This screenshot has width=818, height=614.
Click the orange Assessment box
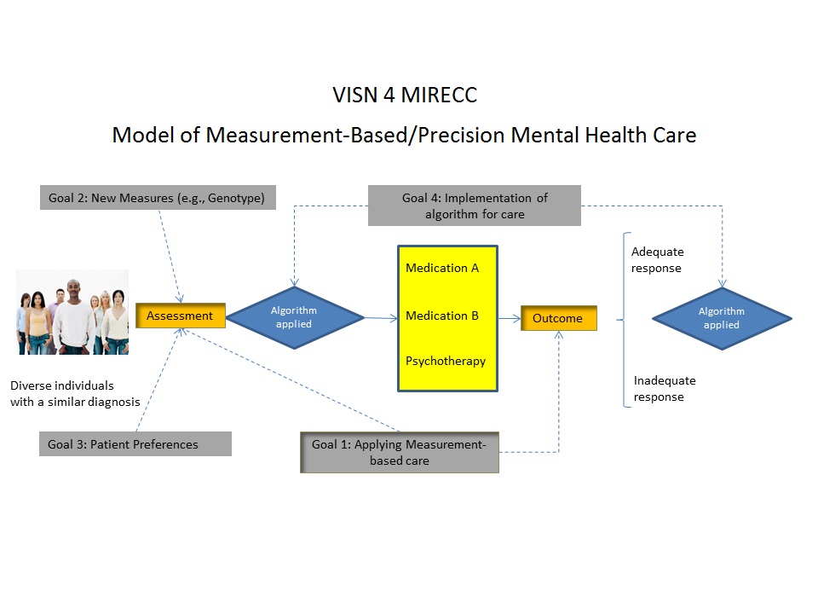[x=181, y=316]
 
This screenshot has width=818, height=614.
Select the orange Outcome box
[x=559, y=318]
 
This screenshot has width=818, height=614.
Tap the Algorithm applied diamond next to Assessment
[x=294, y=317]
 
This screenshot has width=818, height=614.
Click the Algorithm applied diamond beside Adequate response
[x=722, y=318]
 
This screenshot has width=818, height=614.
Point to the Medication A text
[x=442, y=268]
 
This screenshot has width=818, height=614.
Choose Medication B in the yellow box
[x=442, y=316]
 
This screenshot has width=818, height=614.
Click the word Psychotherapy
[x=446, y=362]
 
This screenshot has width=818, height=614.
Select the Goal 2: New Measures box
[x=158, y=197]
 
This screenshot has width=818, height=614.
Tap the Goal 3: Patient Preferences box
[x=135, y=443]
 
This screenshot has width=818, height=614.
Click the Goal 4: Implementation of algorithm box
[x=475, y=206]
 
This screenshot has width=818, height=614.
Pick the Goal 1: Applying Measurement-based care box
[x=400, y=452]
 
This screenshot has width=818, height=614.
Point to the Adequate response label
[x=657, y=260]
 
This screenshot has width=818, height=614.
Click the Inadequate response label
[x=665, y=389]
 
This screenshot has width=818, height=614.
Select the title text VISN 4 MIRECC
[x=405, y=95]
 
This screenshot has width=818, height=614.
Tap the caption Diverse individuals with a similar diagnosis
[x=75, y=394]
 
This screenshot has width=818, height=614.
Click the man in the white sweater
[x=74, y=318]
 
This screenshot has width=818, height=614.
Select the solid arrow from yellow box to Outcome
[x=510, y=318]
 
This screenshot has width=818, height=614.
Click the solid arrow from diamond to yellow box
[x=381, y=317]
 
